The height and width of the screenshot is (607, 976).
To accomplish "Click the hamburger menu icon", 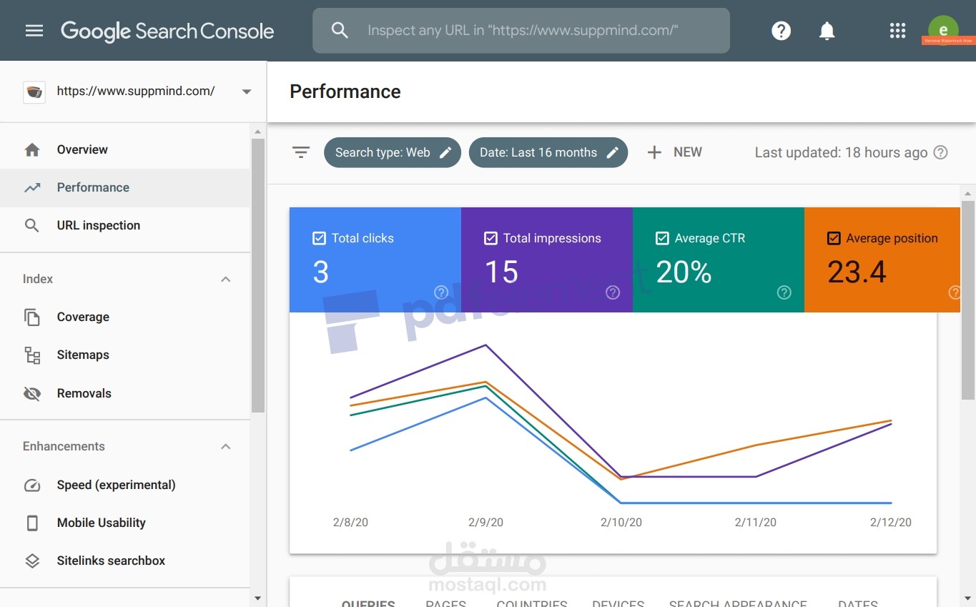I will point(34,31).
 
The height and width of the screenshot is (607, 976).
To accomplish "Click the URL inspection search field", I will point(522,31).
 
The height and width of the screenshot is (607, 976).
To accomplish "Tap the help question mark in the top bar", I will point(781,31).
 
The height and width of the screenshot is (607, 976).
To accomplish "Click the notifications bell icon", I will point(827,31).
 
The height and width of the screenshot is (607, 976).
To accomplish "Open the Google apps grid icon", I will point(897,31).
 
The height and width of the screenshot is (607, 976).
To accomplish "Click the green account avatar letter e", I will point(943,29).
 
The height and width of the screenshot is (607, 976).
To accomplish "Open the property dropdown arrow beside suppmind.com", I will point(247,92).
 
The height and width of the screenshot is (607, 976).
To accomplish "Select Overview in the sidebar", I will point(82,149).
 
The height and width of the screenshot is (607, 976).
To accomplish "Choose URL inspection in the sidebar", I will point(98,225).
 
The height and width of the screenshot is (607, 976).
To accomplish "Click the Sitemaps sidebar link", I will point(83,355).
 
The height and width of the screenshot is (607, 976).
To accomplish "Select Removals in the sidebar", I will point(84,393).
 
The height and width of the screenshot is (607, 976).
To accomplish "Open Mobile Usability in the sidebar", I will point(101,523).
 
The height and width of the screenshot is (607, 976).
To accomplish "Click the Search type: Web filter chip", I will point(392,152).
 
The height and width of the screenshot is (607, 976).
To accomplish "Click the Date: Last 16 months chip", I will point(548,152).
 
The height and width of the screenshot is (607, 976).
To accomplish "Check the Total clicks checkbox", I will point(320,238).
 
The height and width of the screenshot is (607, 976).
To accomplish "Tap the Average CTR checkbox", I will point(663,238).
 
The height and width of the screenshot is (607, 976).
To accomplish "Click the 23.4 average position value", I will point(857,272).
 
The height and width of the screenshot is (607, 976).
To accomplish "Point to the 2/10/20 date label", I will point(621,523).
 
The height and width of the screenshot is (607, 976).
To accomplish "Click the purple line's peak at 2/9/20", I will point(486,345).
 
